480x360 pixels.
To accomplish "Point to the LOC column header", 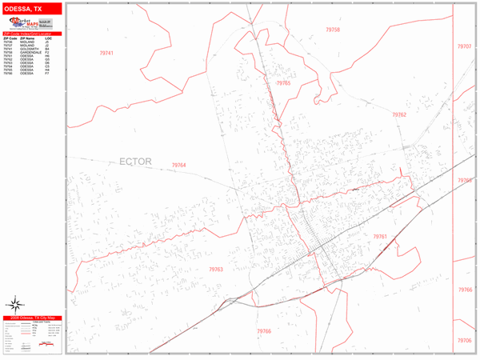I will coord(48,38).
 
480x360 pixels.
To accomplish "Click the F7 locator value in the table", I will coord(48,74).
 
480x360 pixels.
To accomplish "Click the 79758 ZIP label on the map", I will coord(333,30).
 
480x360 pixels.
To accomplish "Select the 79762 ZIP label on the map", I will coord(399,115).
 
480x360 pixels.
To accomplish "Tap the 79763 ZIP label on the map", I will coord(214,270).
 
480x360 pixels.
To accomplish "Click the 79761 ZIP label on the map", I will coord(380,237).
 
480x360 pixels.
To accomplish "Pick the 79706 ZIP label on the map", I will coord(465,340).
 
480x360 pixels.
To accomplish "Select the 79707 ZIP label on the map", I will coord(465,46).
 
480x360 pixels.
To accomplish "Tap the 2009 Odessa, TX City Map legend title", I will coord(32,318).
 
